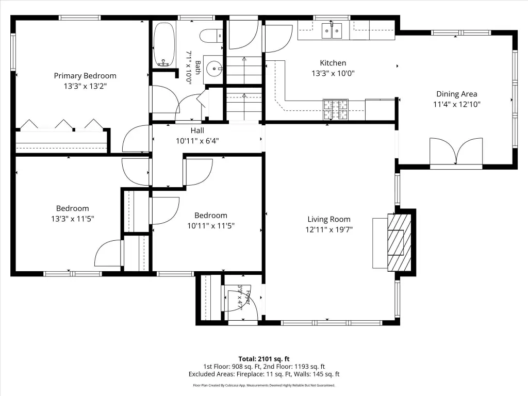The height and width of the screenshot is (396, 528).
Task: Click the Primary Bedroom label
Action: point(85,76)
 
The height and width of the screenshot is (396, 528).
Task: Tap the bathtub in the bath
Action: point(164,44)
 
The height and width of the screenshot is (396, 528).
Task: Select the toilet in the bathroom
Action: point(211,36)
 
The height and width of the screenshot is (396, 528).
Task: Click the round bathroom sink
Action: point(213,69)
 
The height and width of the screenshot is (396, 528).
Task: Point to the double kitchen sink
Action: point(332,30)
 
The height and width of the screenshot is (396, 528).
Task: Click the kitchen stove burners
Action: point(336,109)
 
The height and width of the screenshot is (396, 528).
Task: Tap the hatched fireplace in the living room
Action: point(400,242)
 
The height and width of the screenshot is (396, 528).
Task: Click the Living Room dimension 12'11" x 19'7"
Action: point(329,229)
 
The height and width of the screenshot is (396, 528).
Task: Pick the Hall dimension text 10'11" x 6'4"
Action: point(197,141)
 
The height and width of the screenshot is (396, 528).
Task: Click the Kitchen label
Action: point(333,63)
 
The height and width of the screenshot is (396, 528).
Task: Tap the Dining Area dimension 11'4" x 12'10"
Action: point(457,104)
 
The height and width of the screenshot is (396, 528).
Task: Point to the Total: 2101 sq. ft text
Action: point(264,359)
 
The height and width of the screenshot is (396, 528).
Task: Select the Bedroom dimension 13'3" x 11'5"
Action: point(72,219)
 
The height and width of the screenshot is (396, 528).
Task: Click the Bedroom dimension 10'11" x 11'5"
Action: point(211,226)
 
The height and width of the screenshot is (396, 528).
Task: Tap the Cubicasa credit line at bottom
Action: point(264,385)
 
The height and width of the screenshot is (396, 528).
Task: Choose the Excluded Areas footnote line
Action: point(264,374)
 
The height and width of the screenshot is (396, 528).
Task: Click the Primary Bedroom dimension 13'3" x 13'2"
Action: point(85,86)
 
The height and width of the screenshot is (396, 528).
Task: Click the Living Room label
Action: point(329,219)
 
